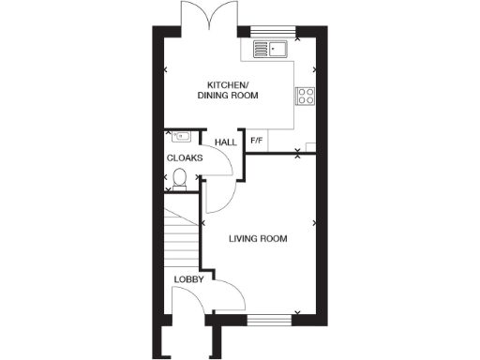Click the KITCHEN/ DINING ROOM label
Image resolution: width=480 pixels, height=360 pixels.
click(x=228, y=90)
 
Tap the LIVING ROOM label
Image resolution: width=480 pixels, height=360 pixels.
click(x=259, y=239)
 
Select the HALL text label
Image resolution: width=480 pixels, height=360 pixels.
click(x=225, y=142)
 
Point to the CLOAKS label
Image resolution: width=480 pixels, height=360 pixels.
click(x=185, y=158)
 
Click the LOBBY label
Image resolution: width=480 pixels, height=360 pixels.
click(x=189, y=279)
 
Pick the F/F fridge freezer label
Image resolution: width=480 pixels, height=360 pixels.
click(x=256, y=142)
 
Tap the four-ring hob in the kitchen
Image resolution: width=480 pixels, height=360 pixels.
click(x=306, y=95)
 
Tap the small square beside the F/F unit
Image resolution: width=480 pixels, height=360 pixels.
click(x=310, y=145)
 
